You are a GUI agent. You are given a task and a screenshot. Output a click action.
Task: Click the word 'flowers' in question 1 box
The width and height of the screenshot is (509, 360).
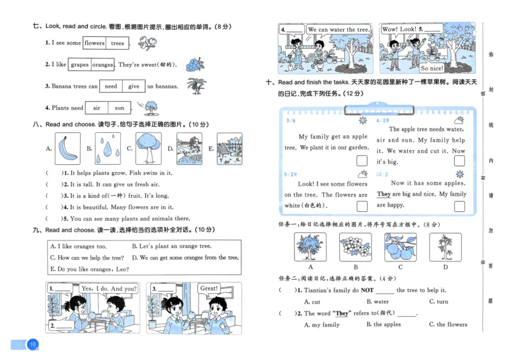tap(95, 43)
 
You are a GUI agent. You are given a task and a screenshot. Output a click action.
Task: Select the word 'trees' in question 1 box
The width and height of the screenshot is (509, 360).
tap(118, 43)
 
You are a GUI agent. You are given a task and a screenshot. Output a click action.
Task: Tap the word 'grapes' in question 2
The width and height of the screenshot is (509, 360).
tap(80, 65)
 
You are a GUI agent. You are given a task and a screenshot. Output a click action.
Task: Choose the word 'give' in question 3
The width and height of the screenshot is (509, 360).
tap(134, 87)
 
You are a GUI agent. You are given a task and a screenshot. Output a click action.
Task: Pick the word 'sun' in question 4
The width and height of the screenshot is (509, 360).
tap(119, 108)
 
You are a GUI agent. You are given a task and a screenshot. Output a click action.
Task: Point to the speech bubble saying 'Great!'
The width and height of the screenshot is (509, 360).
tap(209, 288)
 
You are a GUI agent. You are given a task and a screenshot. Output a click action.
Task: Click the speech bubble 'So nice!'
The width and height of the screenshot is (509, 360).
tap(432, 68)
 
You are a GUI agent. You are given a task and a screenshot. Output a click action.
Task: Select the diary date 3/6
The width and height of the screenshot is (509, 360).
tap(291, 120)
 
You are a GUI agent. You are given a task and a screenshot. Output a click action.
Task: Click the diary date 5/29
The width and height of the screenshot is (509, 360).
tap(291, 174)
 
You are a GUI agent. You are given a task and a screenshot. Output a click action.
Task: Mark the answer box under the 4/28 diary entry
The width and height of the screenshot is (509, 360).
tap(459, 162)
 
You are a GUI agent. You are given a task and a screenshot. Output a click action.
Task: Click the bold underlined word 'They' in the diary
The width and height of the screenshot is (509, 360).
tap(384, 194)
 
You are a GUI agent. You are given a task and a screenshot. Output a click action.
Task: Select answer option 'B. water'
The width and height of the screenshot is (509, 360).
tap(377, 301)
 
